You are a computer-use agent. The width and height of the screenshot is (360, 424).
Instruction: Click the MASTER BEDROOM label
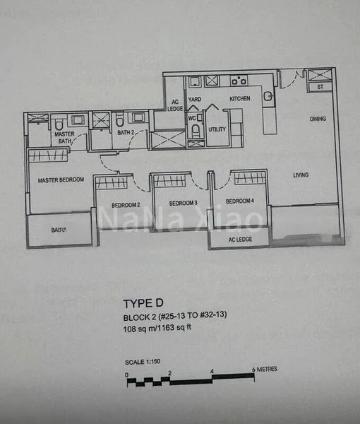click(x=61, y=179)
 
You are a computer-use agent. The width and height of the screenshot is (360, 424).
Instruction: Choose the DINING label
click(x=318, y=119)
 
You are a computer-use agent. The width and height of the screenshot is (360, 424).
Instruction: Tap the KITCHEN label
click(x=240, y=99)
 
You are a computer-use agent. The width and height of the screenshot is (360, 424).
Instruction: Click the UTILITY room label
click(x=217, y=129)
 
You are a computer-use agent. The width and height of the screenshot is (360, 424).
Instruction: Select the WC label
click(x=192, y=117)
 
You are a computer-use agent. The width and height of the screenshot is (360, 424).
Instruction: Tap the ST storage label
click(x=320, y=87)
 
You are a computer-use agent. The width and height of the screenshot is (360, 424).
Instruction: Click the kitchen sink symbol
click(x=268, y=97)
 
